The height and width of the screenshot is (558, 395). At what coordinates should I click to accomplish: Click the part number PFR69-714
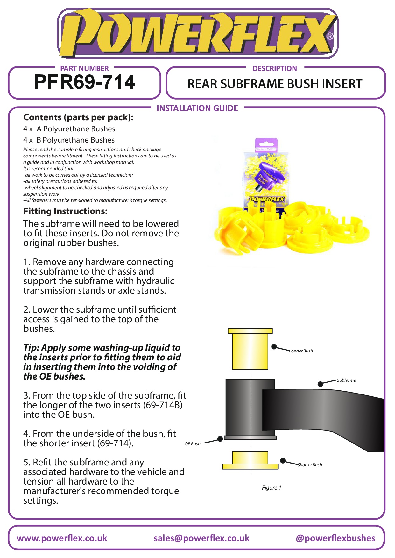85,82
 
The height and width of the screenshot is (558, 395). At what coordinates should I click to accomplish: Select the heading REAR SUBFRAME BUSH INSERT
275,84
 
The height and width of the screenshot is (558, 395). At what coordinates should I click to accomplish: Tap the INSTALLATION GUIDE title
197,108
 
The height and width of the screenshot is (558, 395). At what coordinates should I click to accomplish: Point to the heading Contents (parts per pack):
78,117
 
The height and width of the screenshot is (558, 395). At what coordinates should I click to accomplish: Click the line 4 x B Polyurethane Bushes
69,140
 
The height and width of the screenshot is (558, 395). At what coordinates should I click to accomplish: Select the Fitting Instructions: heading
65,211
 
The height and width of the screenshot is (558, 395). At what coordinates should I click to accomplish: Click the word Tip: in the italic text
31,348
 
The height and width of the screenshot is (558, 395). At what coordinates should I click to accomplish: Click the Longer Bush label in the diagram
301,351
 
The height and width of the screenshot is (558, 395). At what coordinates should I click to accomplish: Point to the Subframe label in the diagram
346,380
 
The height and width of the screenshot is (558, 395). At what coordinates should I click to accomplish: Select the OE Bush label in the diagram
193,444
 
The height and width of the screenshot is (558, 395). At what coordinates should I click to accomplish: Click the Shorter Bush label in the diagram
310,465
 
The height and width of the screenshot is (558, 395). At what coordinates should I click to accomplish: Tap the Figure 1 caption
272,488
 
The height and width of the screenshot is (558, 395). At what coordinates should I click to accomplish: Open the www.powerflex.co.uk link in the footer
62,538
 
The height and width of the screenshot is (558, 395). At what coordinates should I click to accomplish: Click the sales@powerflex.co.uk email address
201,538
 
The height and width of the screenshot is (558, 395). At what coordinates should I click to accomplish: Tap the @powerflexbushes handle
335,538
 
